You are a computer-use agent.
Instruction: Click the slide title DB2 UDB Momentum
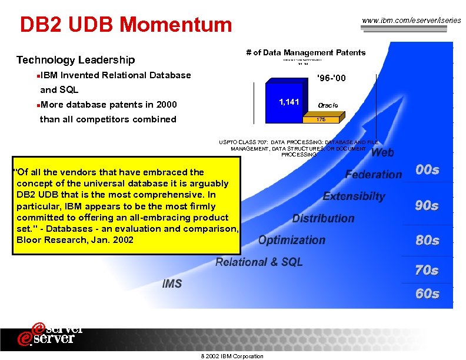126,25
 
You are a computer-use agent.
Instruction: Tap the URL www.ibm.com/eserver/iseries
411,21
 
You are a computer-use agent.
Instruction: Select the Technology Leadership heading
75,60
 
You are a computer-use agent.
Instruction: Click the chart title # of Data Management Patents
305,52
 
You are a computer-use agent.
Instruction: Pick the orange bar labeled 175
321,119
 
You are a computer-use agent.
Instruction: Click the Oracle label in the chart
328,105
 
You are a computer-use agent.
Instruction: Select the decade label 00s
427,170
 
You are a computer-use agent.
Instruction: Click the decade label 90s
427,206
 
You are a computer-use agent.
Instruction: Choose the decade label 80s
427,241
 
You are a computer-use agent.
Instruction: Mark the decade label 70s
427,271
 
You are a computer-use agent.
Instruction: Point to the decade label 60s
427,294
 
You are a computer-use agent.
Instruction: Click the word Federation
373,174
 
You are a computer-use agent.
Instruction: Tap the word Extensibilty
354,196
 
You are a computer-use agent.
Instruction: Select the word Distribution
323,218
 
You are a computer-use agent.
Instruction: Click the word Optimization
291,240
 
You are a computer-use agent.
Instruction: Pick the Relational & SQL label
259,262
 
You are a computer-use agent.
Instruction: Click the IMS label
172,284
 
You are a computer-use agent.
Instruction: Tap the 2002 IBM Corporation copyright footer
232,356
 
